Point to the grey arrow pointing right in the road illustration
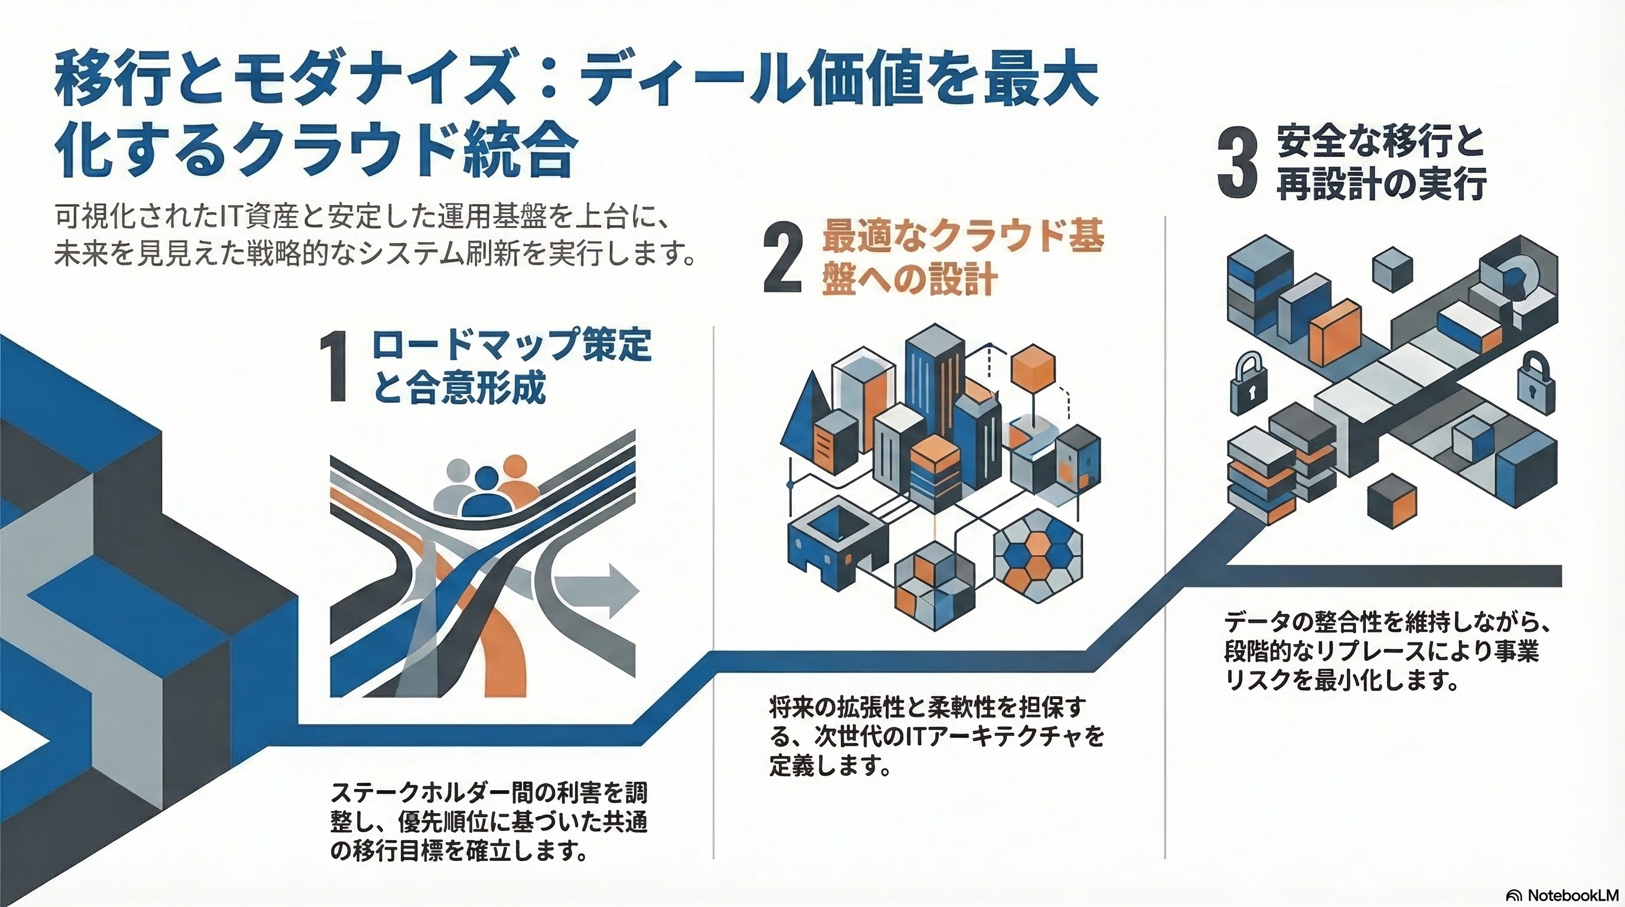[596, 589]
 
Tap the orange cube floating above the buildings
[1033, 367]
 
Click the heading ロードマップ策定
[511, 345]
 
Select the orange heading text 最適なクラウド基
[962, 237]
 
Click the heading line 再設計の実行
[1382, 184]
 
